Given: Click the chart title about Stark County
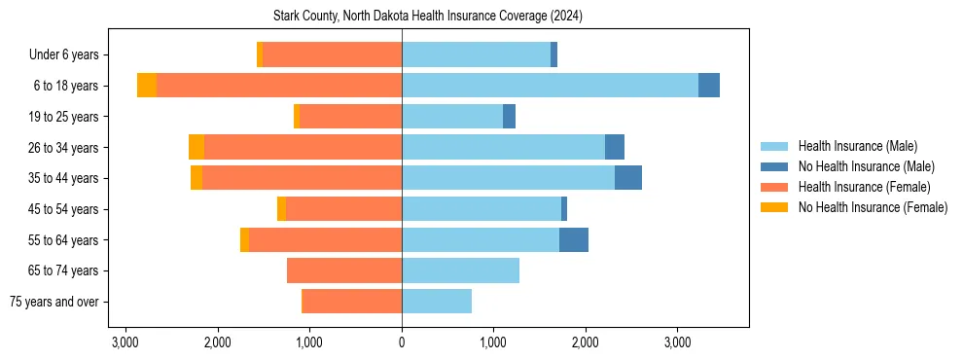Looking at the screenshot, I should [x=402, y=16].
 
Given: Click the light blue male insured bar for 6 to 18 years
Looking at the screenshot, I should [x=550, y=86].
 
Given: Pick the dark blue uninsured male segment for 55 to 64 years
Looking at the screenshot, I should [x=574, y=239].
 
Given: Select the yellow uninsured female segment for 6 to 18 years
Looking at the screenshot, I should [x=147, y=86].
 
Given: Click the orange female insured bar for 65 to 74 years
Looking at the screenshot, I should [x=344, y=270].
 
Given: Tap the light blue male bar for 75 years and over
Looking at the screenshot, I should [x=437, y=302].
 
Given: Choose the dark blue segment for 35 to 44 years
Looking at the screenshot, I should [x=628, y=178].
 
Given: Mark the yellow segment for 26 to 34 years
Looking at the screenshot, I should [x=196, y=147].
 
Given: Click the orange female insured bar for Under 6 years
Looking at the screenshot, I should [x=332, y=55].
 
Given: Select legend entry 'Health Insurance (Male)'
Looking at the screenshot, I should [x=857, y=146].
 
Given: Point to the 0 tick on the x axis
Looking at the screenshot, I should [x=402, y=342].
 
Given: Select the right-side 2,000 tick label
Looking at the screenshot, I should [x=586, y=342].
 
